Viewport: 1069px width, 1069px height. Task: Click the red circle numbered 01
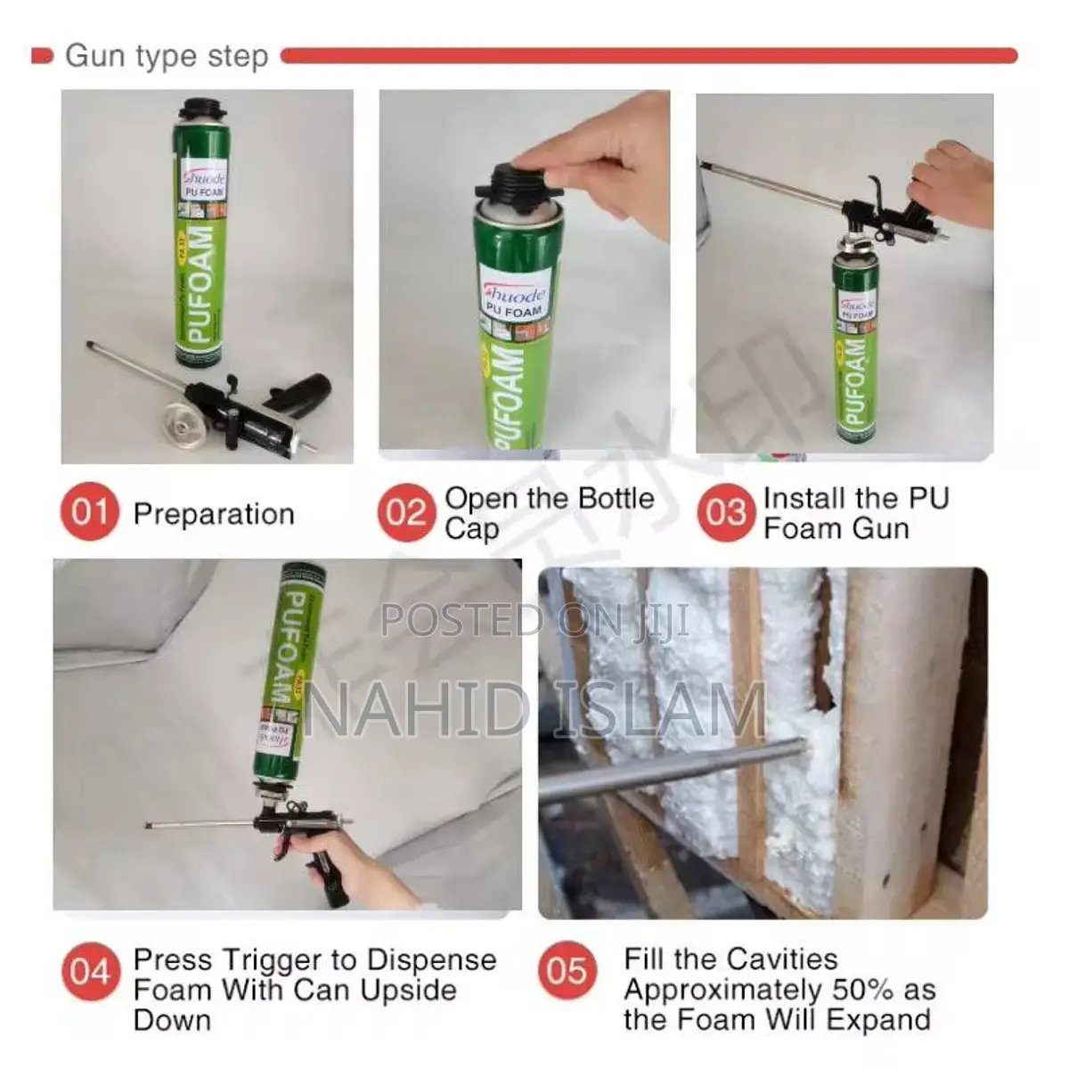click(89, 513)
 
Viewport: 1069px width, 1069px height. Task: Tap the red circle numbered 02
click(405, 513)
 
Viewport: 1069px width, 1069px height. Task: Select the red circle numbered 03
click(726, 513)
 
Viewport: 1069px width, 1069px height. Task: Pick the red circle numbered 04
click(89, 972)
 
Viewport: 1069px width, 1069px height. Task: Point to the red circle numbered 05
click(567, 970)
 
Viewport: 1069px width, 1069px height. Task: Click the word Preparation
click(214, 514)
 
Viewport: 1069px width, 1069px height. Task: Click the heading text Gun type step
click(167, 56)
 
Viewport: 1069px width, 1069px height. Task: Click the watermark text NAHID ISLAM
click(534, 710)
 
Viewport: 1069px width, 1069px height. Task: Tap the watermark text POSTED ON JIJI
click(534, 620)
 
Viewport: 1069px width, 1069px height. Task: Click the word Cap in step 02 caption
click(471, 529)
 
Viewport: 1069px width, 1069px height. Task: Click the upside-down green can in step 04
click(291, 668)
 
